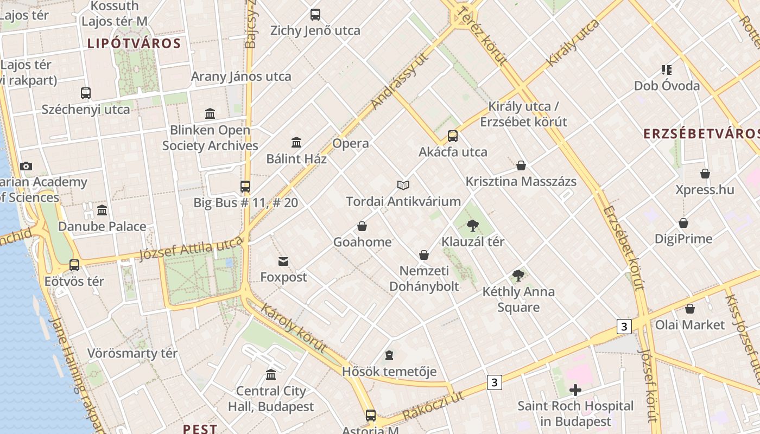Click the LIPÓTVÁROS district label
coord(134,43)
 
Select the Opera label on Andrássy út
coord(351,144)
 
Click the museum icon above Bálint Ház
coord(296,143)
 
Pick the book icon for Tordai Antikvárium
coord(403,186)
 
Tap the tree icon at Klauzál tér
coord(473,225)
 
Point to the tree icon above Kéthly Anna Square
coord(518,276)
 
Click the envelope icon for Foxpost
coord(283,261)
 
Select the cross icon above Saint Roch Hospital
coord(575,390)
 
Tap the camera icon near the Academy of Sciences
coord(26,166)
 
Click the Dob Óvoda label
coord(667,86)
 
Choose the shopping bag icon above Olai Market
coord(689,309)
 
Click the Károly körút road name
coord(294,328)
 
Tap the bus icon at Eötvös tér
coord(74,265)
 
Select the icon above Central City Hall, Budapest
coord(271,374)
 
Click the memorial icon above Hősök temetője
coord(389,356)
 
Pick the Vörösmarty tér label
coord(132,354)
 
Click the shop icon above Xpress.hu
coord(705,174)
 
